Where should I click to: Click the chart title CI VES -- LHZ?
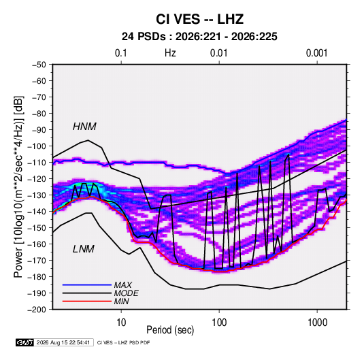pyautogui.click(x=199, y=19)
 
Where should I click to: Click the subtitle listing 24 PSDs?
pyautogui.click(x=199, y=37)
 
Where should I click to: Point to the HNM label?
pyautogui.click(x=84, y=127)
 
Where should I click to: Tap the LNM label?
pyautogui.click(x=84, y=249)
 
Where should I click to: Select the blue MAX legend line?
pyautogui.click(x=87, y=285)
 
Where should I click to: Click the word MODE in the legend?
pyautogui.click(x=127, y=293)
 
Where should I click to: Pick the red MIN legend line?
pyautogui.click(x=87, y=301)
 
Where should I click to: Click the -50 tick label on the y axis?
pyautogui.click(x=39, y=65)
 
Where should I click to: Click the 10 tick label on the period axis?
pyautogui.click(x=121, y=323)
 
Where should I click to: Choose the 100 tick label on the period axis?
pyautogui.click(x=219, y=323)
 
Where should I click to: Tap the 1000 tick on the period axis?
pyautogui.click(x=317, y=323)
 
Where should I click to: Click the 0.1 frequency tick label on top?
pyautogui.click(x=121, y=53)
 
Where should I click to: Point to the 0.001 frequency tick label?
pyautogui.click(x=317, y=53)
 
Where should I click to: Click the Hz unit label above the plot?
pyautogui.click(x=170, y=53)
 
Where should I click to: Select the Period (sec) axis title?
pyautogui.click(x=170, y=330)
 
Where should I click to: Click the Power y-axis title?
pyautogui.click(x=18, y=187)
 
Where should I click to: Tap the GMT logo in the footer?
pyautogui.click(x=24, y=342)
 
